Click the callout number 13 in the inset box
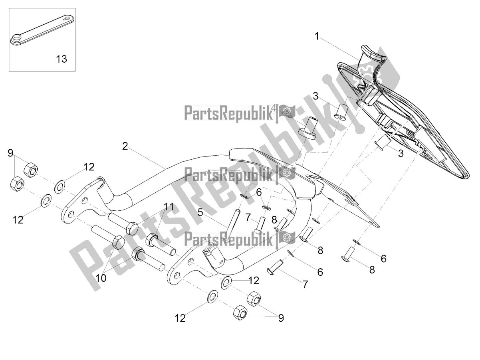(x=61, y=59)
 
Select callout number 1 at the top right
(x=317, y=37)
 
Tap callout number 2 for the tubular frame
(x=125, y=146)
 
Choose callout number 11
(x=168, y=206)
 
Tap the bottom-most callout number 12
(x=180, y=318)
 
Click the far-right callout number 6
(x=383, y=259)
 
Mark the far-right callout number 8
(x=372, y=270)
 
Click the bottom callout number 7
(x=305, y=284)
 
